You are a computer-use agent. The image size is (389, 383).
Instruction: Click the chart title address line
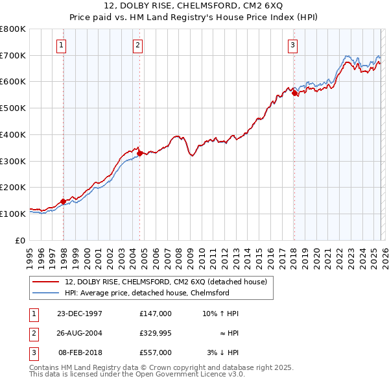[x=194, y=6]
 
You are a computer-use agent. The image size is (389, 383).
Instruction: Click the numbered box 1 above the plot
[x=61, y=45]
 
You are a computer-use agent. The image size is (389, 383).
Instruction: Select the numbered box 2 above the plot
[x=138, y=45]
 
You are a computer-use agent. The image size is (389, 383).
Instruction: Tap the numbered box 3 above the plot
[x=292, y=45]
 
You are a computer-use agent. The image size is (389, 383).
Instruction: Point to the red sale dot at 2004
[x=140, y=154]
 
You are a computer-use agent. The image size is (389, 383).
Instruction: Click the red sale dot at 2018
[x=294, y=93]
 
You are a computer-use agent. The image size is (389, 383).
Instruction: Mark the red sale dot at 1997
[x=64, y=201]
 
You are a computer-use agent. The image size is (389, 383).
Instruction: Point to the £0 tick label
[x=19, y=240]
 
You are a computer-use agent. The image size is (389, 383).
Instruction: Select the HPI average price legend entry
[x=147, y=293]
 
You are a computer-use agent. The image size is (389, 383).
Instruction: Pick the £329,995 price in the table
[x=155, y=333]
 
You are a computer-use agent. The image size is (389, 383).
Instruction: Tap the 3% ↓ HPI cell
[x=222, y=352]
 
